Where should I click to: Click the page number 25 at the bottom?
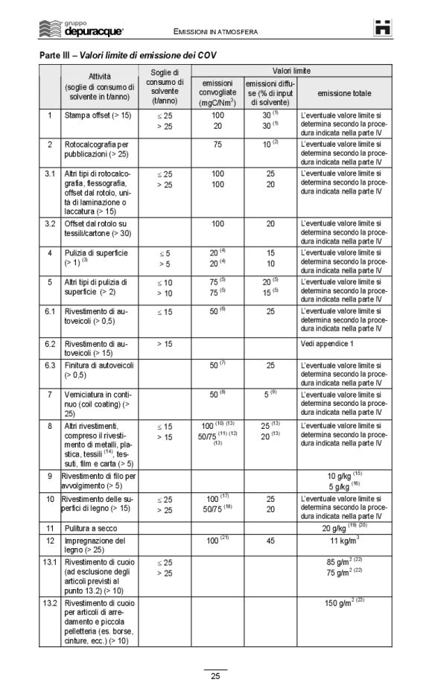point(215,676)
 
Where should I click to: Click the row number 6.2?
point(49,344)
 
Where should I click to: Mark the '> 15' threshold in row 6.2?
point(165,344)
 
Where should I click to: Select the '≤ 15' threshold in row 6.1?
point(165,311)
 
